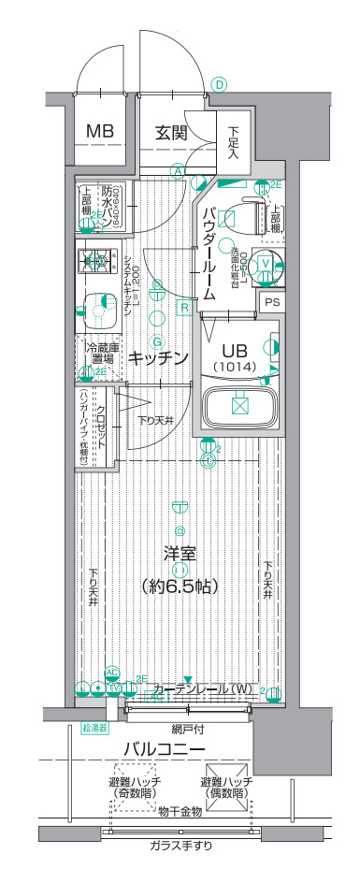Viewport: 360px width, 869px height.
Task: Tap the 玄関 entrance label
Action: tap(174, 132)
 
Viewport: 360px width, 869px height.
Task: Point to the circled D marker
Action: tap(219, 84)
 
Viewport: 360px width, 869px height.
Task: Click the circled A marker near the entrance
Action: tap(177, 170)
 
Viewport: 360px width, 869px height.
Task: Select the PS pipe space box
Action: tap(272, 302)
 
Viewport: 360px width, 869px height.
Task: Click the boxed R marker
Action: tap(185, 307)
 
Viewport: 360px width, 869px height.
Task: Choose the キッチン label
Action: tap(159, 358)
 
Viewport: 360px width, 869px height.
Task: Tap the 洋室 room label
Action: tap(180, 553)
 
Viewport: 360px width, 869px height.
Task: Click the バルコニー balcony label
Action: tap(165, 749)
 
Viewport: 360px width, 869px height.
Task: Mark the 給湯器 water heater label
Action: tap(95, 726)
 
